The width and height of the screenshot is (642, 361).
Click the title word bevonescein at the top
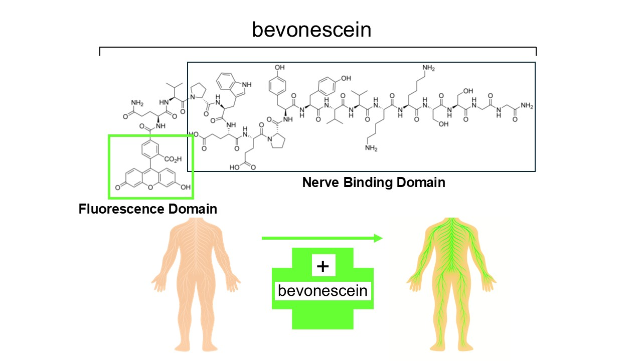[311, 30]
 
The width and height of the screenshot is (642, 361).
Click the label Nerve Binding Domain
[373, 182]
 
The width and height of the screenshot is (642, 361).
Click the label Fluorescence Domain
[148, 209]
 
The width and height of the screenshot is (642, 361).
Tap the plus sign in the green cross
[323, 266]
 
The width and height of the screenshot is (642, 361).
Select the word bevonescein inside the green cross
[323, 291]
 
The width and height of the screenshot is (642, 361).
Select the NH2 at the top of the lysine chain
[428, 68]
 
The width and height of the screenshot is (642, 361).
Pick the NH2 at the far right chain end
[527, 106]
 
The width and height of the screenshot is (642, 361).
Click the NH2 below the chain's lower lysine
[372, 148]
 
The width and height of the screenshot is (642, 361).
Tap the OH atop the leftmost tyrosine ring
[279, 67]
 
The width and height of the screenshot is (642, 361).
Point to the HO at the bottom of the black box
[235, 167]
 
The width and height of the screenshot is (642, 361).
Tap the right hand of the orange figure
[159, 283]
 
